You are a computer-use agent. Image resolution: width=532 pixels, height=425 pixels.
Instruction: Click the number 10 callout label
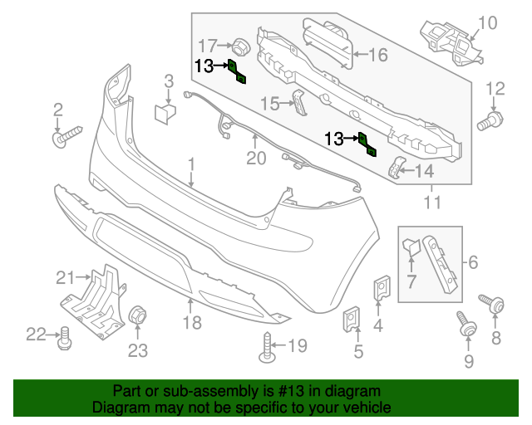pyautogui.click(x=487, y=22)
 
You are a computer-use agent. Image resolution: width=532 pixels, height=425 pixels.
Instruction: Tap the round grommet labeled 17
pyautogui.click(x=239, y=45)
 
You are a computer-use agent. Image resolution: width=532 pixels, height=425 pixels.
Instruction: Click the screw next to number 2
pyautogui.click(x=63, y=137)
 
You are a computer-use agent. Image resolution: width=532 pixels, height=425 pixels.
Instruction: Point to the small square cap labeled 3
pyautogui.click(x=165, y=113)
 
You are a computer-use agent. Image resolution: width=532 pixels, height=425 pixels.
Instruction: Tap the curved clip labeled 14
pyautogui.click(x=397, y=168)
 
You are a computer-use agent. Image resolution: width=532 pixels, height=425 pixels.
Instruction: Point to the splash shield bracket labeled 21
pyautogui.click(x=93, y=296)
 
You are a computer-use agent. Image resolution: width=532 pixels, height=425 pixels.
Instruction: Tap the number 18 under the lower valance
pyautogui.click(x=192, y=322)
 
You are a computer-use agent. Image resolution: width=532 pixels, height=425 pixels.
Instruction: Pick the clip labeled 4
pyautogui.click(x=382, y=288)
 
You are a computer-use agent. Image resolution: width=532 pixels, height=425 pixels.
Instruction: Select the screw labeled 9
pyautogui.click(x=466, y=326)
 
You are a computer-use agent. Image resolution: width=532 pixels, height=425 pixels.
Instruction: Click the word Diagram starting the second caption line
pyautogui.click(x=118, y=408)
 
